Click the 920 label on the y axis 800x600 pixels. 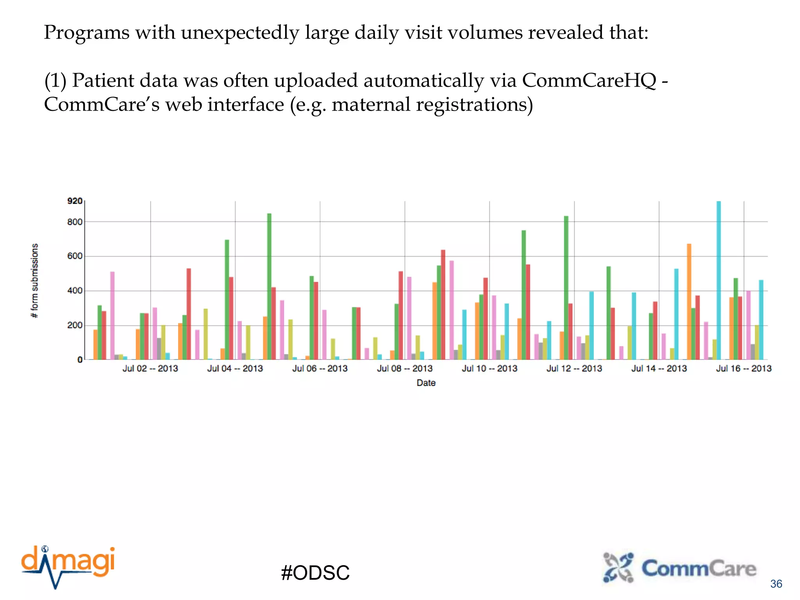click(75, 201)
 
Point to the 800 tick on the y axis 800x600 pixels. click(75, 222)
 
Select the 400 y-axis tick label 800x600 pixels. click(75, 291)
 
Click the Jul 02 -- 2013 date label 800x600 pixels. click(150, 368)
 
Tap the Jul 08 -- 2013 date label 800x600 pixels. click(405, 368)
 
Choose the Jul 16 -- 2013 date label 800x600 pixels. click(744, 368)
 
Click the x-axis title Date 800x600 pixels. click(426, 383)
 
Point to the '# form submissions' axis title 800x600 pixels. click(35, 280)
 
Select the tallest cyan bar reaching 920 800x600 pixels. click(719, 280)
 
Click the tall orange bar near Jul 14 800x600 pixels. click(689, 302)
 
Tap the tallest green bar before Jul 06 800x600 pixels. click(269, 286)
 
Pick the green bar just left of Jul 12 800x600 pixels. click(566, 287)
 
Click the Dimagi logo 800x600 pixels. click(68, 566)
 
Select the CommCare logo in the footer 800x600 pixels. click(680, 568)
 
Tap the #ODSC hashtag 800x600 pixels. click(315, 573)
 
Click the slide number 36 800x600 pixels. click(776, 584)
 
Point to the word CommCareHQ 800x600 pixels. click(589, 80)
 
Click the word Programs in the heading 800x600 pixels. click(86, 32)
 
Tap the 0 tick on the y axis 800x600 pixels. click(80, 360)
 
